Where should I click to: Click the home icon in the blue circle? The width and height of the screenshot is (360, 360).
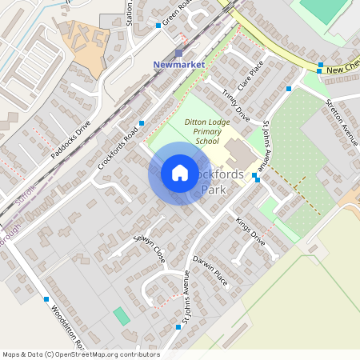click(180, 173)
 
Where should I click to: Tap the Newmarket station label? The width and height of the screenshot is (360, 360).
click(179, 64)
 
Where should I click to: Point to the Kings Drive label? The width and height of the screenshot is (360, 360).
click(250, 229)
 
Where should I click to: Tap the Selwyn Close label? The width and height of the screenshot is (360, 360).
click(149, 243)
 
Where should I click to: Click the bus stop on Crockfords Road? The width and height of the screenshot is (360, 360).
click(142, 123)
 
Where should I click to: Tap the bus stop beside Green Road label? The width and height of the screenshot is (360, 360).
click(158, 26)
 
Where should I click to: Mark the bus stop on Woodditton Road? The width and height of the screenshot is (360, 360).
click(46, 299)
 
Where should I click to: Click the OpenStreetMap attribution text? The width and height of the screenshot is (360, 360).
click(81, 354)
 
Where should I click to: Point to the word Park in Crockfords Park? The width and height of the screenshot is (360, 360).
click(214, 190)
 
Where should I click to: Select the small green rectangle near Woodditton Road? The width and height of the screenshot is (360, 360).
click(121, 316)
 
